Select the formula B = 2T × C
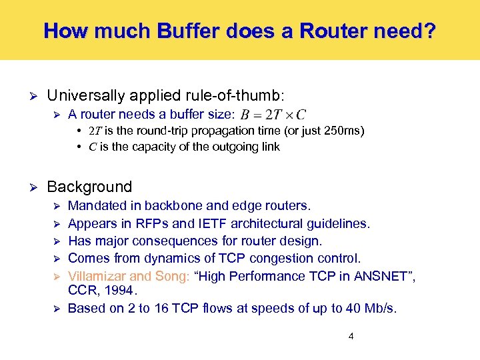tap(273, 115)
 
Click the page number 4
tap(351, 336)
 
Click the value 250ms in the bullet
tap(342, 131)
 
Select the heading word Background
tap(89, 187)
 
